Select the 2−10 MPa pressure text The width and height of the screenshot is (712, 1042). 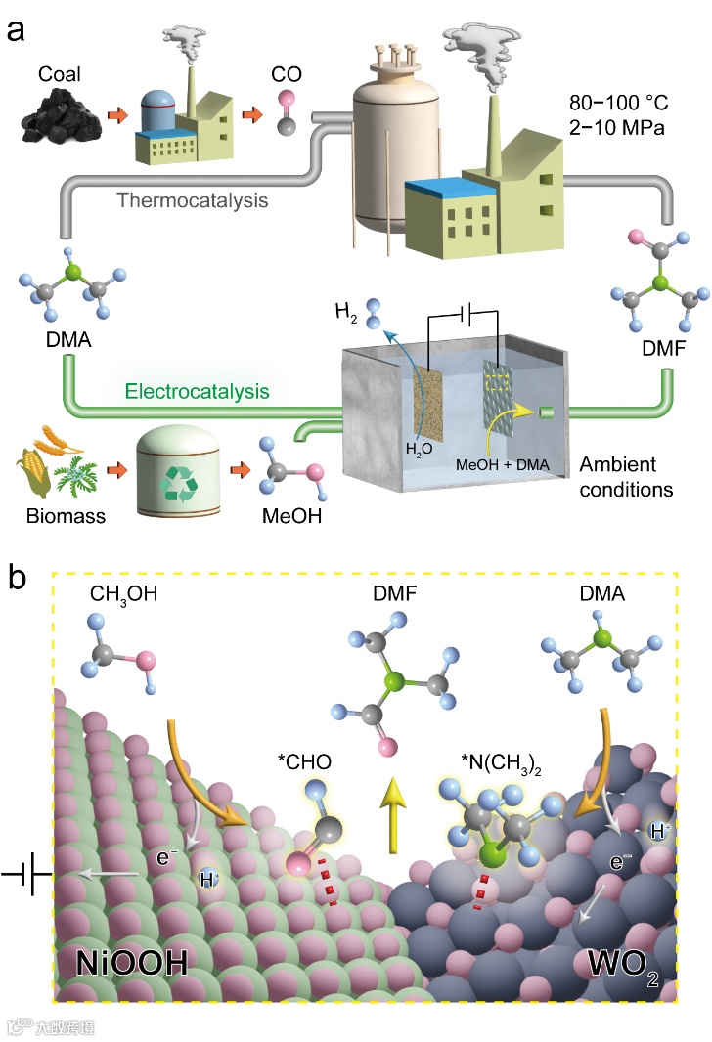(x=614, y=127)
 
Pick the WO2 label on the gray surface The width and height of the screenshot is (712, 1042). (x=617, y=962)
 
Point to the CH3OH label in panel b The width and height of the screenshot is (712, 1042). (x=121, y=593)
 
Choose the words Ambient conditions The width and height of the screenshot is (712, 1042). (x=626, y=476)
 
